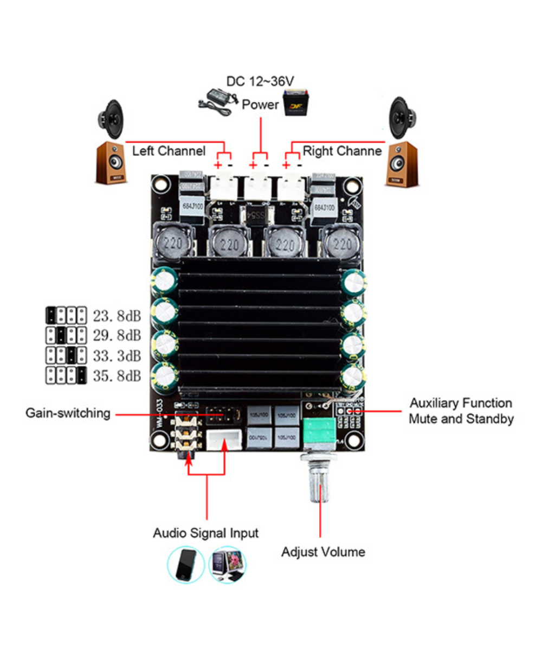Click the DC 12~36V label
tap(260, 81)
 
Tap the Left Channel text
tap(169, 151)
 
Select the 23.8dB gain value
tap(117, 314)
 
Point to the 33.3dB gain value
tap(117, 355)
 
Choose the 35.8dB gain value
tap(117, 375)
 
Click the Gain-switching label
tap(68, 413)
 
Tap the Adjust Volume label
tap(323, 552)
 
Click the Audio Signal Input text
tap(205, 533)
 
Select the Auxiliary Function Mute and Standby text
tap(461, 411)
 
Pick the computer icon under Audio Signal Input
tap(227, 565)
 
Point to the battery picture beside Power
tap(296, 104)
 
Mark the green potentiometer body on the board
tap(320, 432)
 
